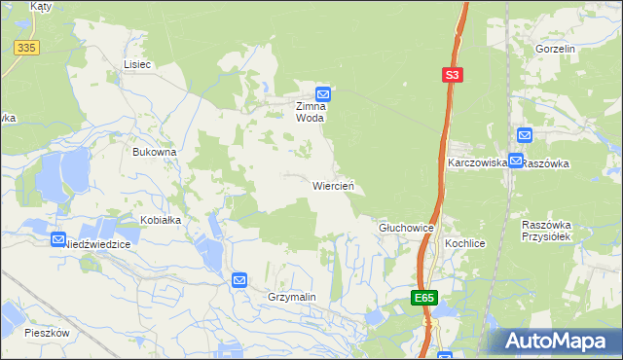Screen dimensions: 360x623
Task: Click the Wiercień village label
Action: (338, 185)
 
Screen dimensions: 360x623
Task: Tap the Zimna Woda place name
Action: (316, 111)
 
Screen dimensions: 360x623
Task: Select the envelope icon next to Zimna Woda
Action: (324, 93)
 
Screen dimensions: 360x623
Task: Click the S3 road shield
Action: (452, 73)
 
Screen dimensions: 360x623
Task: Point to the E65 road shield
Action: (422, 298)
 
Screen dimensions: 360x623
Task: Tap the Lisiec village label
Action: (137, 64)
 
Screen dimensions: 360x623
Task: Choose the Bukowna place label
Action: (154, 153)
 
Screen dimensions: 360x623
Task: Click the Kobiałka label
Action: (161, 220)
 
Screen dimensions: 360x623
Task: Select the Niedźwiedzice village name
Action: (96, 245)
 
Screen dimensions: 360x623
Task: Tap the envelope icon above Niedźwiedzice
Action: (58, 238)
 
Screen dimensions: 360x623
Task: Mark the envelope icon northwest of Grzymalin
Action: (239, 280)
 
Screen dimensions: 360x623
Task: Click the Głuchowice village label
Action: (405, 227)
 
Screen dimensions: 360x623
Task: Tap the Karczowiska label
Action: (477, 163)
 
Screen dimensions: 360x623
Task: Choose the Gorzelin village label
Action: (556, 48)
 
